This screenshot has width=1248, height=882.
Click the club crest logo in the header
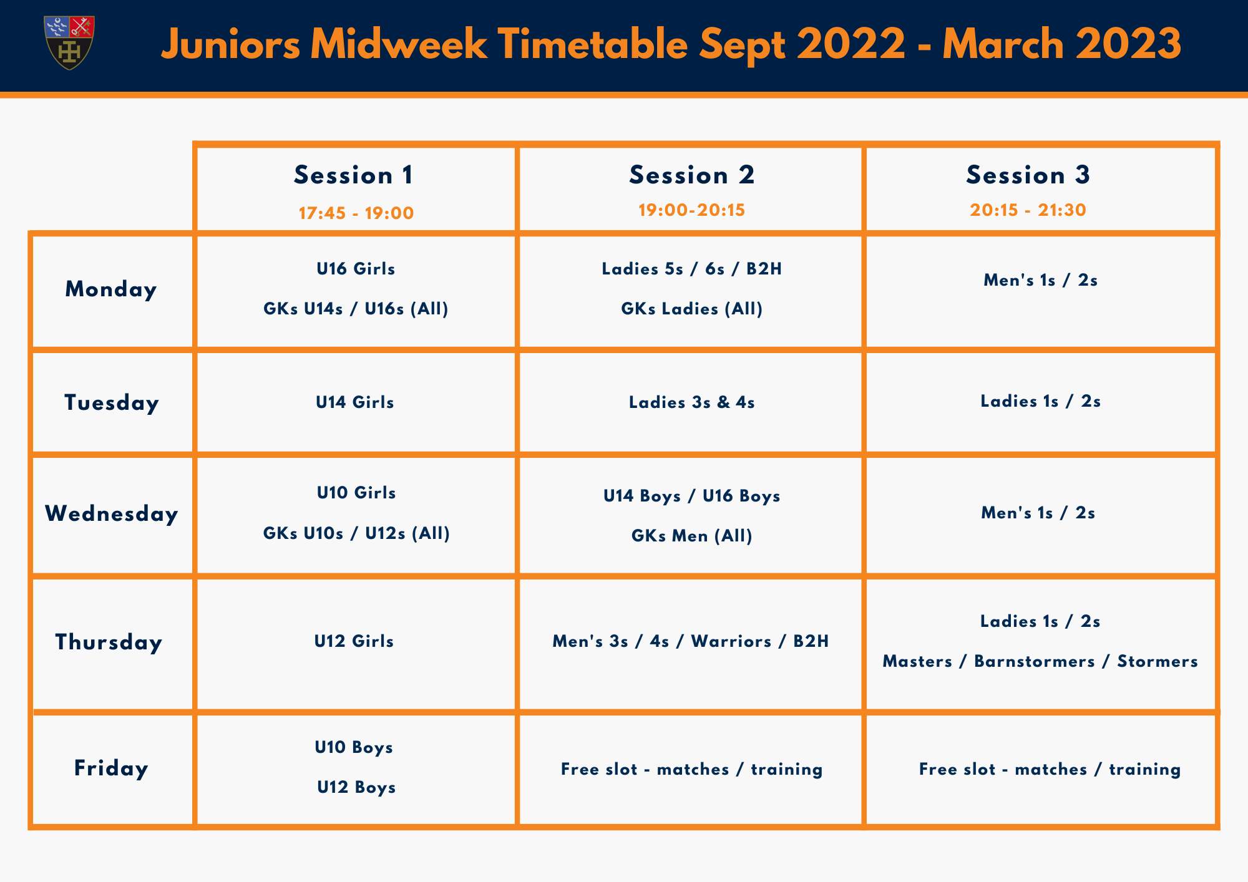[69, 42]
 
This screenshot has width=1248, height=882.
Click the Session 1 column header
[354, 175]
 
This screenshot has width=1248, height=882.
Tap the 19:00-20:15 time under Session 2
[691, 210]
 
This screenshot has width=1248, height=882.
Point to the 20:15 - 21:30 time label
[1028, 210]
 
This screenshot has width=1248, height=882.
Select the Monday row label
[111, 289]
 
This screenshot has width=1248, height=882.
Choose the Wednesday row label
[112, 514]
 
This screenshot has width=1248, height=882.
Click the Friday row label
[111, 768]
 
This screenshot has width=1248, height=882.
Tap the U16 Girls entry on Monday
[356, 269]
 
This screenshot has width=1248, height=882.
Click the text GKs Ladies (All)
[692, 309]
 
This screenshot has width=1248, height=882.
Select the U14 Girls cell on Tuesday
[355, 402]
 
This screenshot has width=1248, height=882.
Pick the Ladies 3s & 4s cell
[692, 402]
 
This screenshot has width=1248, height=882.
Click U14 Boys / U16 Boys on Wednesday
[692, 496]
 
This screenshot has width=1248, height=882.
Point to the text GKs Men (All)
[692, 536]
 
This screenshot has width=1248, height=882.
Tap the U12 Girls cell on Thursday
[354, 641]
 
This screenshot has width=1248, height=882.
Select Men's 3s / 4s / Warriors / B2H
[691, 641]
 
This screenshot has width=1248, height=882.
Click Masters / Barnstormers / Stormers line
[1040, 661]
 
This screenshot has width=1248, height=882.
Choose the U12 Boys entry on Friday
[356, 787]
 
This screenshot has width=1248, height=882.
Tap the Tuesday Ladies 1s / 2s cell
[1040, 401]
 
